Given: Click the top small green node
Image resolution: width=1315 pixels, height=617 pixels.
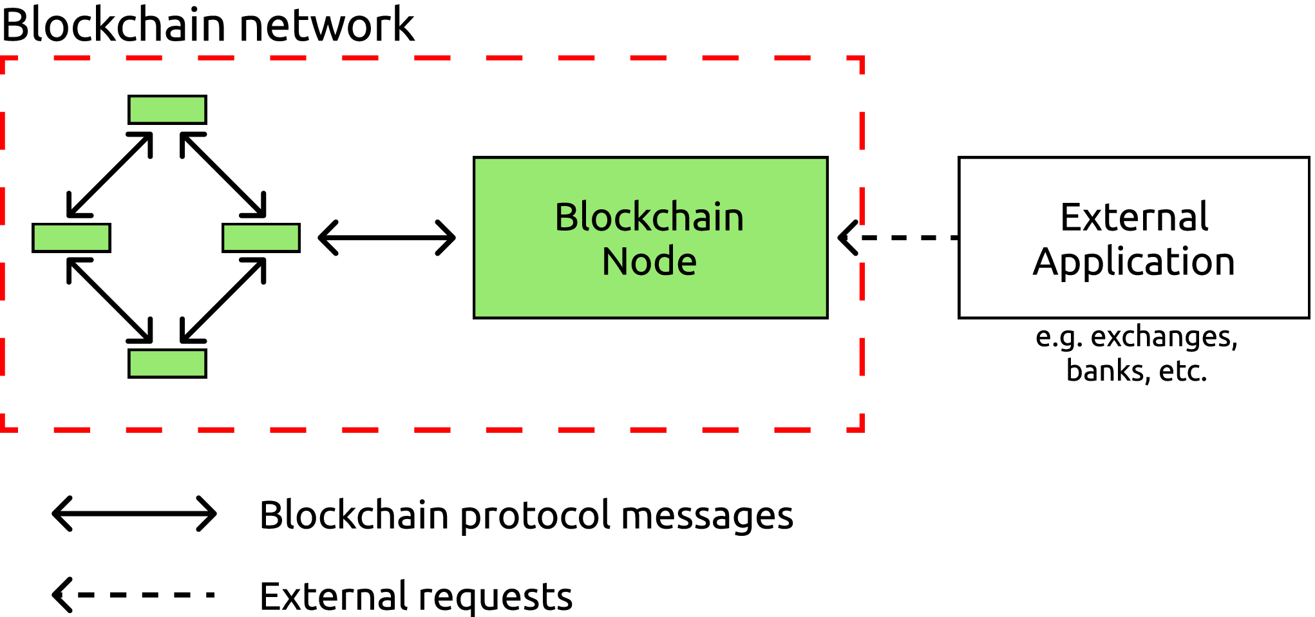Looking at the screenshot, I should [x=167, y=109].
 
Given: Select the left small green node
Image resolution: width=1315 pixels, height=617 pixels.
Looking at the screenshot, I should [x=71, y=238].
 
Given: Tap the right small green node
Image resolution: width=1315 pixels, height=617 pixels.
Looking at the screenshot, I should [x=261, y=238].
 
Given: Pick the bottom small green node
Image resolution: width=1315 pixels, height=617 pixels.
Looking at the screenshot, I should [x=167, y=363].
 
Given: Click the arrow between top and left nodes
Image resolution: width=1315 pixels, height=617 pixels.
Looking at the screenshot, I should [x=110, y=175].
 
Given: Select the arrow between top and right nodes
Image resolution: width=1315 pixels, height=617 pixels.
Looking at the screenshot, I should [x=223, y=175].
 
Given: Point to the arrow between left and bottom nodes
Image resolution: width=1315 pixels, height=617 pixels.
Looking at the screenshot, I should [x=110, y=300].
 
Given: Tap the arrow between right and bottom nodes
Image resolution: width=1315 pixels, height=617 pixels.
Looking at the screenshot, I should [x=223, y=300].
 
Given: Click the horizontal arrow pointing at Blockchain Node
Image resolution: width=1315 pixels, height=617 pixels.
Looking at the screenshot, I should [x=387, y=238].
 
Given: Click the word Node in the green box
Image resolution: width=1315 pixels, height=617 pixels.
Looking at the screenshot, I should [x=649, y=261].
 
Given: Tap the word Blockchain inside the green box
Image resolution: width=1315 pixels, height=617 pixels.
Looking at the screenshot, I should [x=649, y=217].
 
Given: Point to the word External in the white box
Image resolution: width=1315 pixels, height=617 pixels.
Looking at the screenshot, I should [x=1134, y=217].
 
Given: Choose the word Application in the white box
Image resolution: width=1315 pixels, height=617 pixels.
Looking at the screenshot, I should [x=1134, y=262].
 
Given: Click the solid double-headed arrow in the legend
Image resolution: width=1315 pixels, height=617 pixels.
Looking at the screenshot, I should [x=134, y=513].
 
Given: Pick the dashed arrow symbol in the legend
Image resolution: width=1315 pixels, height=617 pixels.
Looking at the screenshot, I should [x=134, y=594].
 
